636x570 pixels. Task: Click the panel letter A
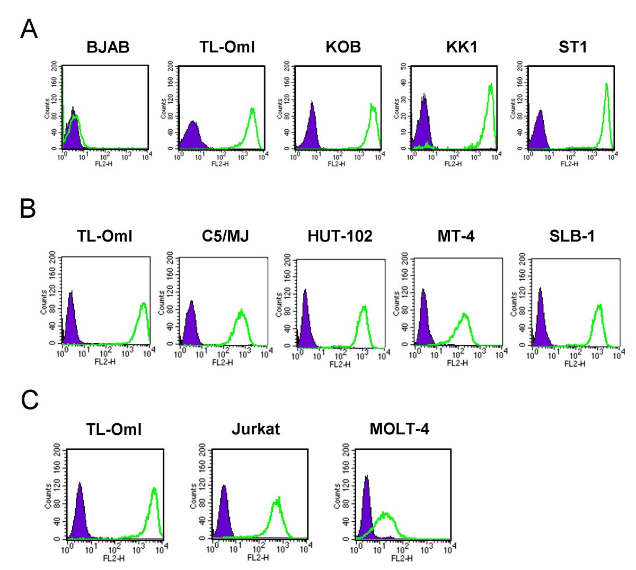pos(29,30)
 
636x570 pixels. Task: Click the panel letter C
pos(30,400)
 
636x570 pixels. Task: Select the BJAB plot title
pos(108,47)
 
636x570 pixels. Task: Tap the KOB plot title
pos(343,47)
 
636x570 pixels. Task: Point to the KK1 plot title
pos(462,47)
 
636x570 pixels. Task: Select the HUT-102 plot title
pos(340,236)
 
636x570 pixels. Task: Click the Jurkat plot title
pos(256,429)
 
